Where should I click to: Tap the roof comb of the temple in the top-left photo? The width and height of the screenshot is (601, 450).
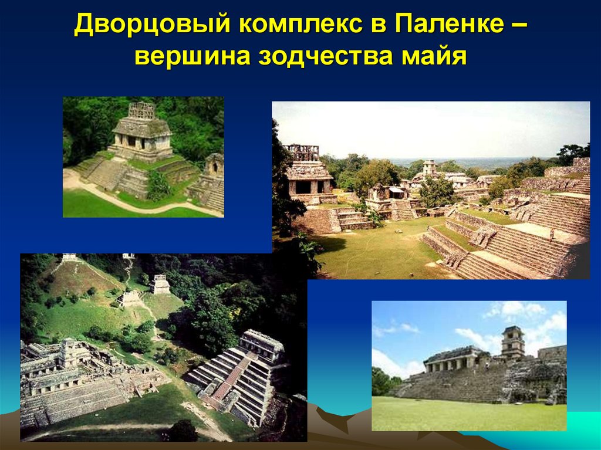(142, 110)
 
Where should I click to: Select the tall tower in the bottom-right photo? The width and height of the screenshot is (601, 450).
(512, 342)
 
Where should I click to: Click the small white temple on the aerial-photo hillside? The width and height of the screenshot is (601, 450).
(160, 285)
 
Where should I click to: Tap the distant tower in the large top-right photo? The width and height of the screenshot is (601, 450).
(430, 167)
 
